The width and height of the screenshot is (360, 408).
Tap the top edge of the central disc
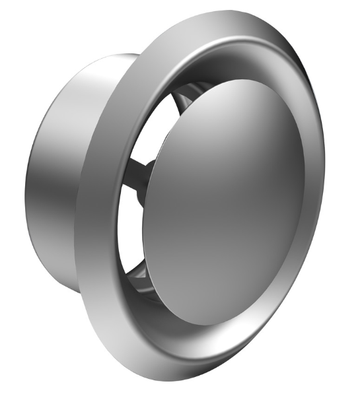244,83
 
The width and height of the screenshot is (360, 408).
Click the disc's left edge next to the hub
143,198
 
